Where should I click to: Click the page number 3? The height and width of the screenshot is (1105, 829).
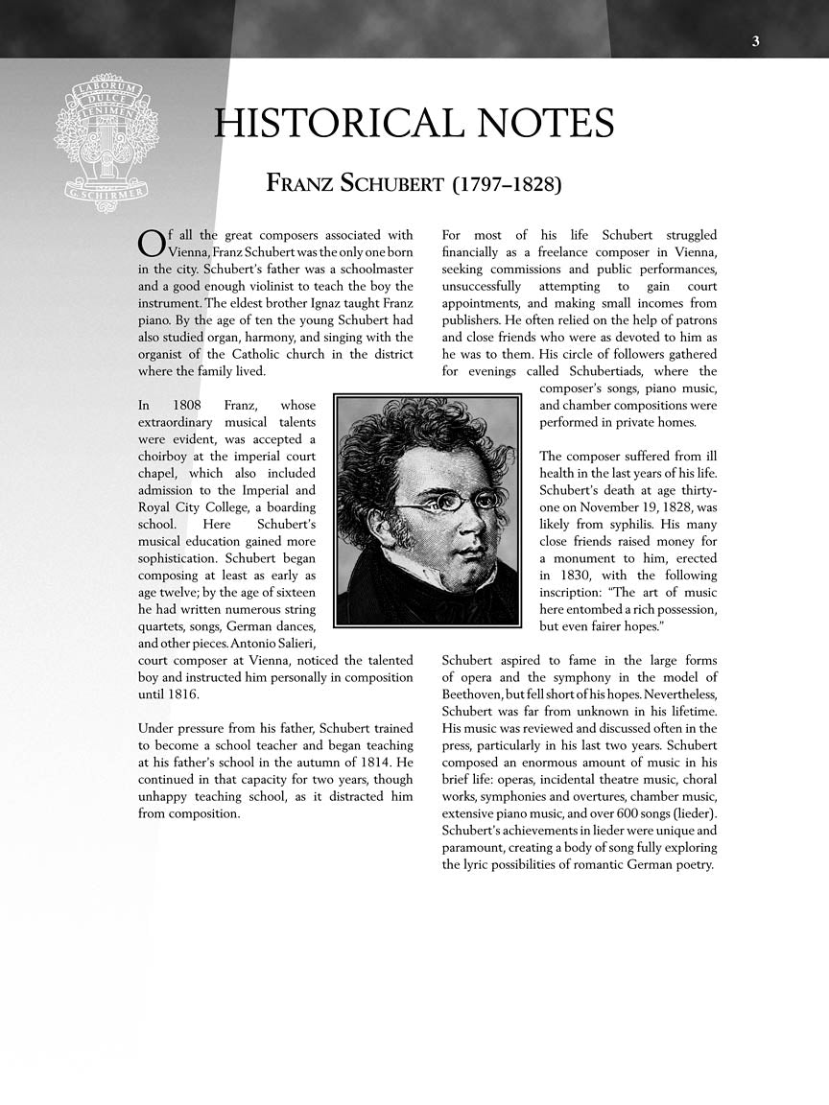(x=756, y=40)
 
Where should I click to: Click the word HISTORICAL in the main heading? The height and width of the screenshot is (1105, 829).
(x=336, y=124)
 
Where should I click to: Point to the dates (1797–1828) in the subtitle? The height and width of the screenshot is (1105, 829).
(x=506, y=182)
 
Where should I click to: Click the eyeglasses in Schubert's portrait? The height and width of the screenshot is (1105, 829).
(x=449, y=500)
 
